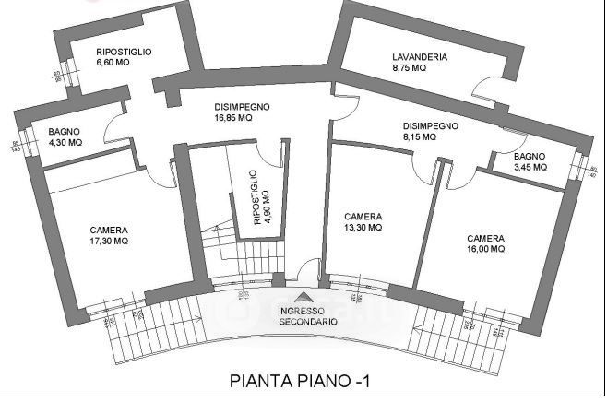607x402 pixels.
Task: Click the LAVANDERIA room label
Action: click(419, 57)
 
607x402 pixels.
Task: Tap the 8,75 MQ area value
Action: click(409, 68)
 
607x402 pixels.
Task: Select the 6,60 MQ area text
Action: click(115, 64)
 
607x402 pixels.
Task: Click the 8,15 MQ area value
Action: click(419, 136)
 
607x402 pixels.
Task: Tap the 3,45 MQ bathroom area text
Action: click(530, 168)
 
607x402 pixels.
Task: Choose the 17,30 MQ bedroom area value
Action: click(109, 242)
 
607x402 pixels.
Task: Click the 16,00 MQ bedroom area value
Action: click(486, 248)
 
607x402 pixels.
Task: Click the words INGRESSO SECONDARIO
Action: click(306, 316)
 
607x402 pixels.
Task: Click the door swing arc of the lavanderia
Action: click(481, 88)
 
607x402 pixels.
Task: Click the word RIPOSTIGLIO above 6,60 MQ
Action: click(124, 53)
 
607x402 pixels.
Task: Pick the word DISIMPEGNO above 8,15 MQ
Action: click(431, 125)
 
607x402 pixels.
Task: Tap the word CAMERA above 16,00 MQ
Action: click(485, 237)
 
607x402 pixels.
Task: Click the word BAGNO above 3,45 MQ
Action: click(530, 157)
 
